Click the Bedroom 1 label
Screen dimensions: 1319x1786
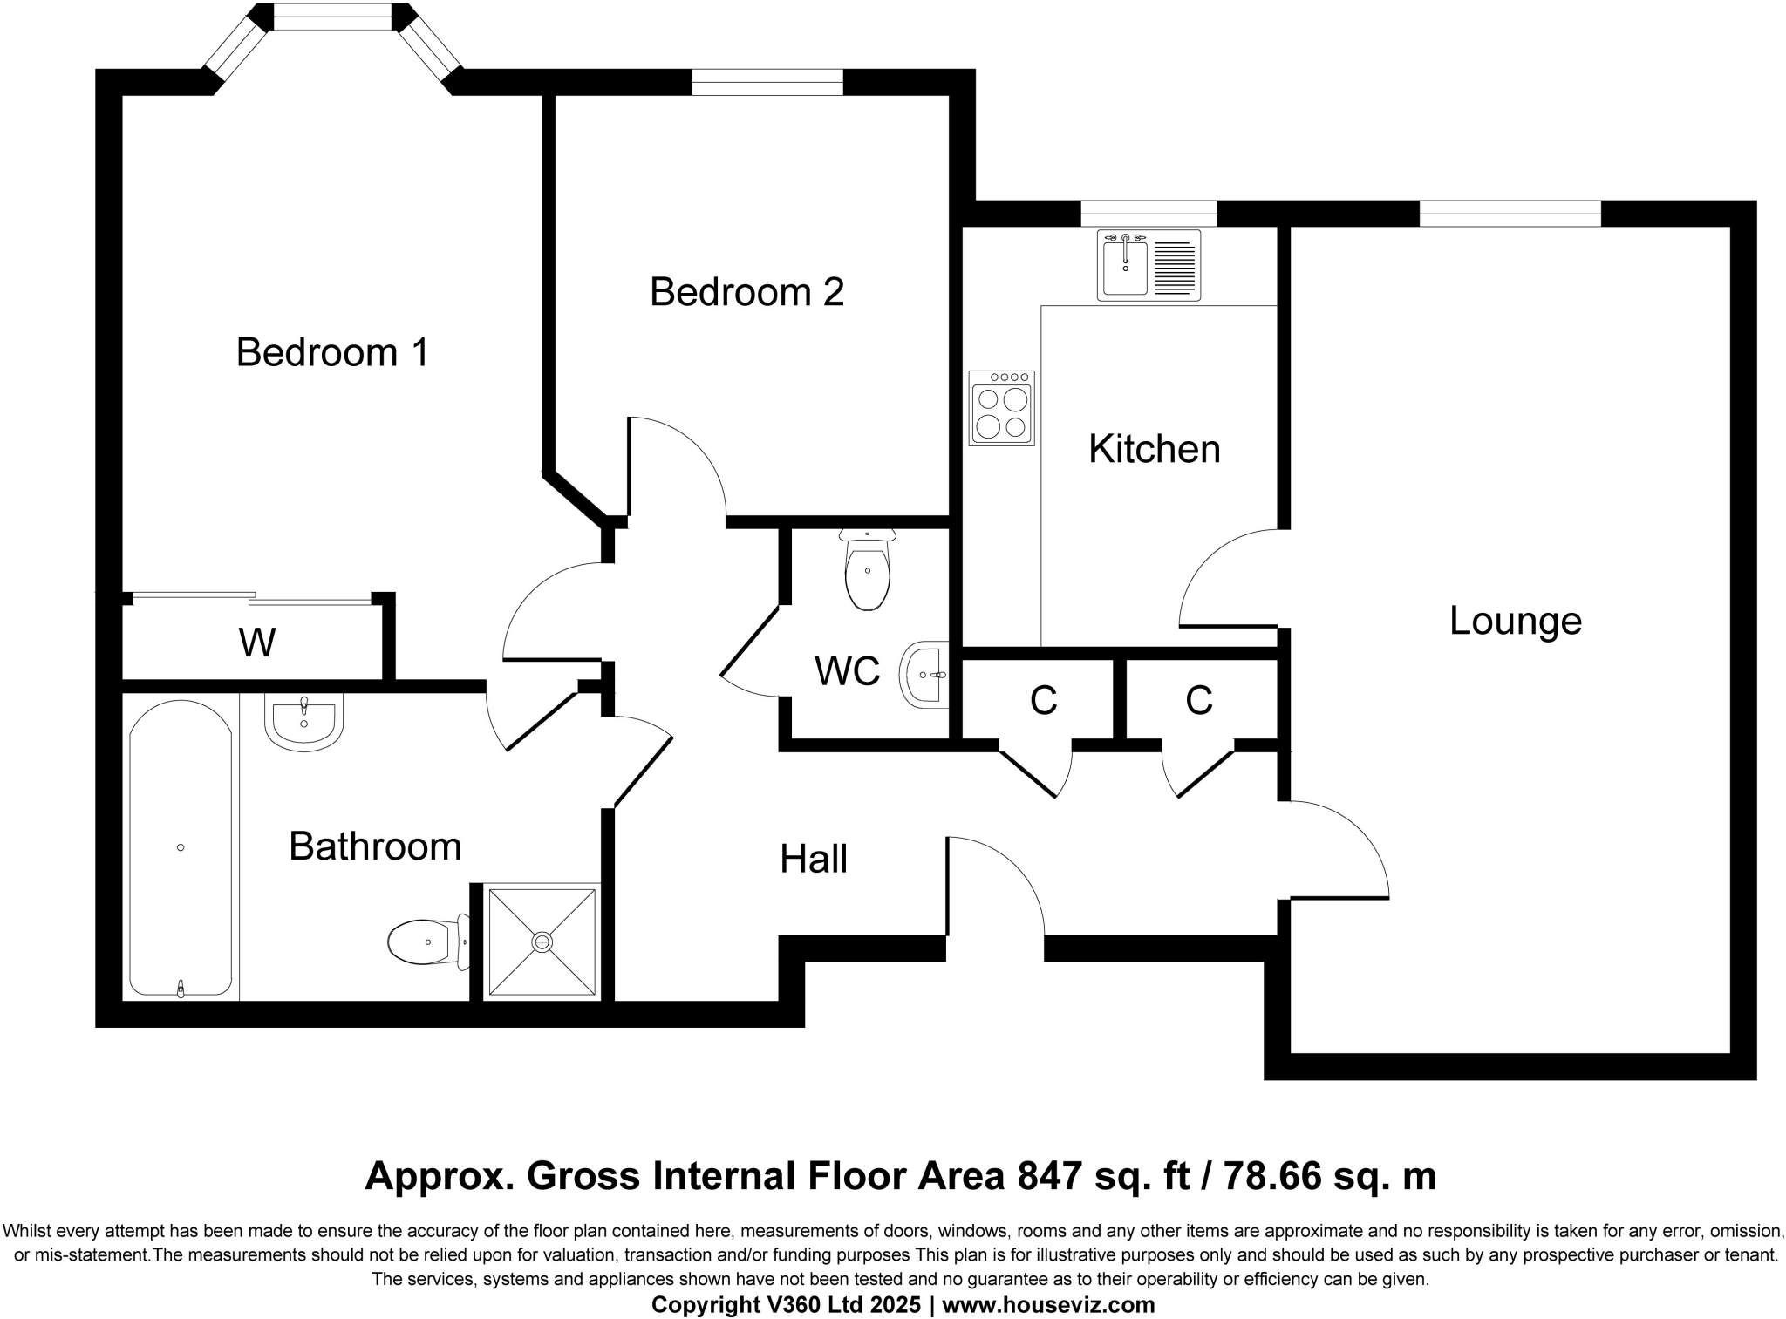coord(332,352)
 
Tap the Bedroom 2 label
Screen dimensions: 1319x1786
coord(746,291)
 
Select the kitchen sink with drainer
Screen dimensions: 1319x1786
coord(1149,265)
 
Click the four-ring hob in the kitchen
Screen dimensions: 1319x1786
coord(1001,409)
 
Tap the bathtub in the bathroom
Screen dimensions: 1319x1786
coord(181,848)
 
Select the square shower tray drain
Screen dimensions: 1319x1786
coord(542,942)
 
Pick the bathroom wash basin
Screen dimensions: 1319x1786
coord(303,723)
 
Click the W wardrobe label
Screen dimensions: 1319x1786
coord(257,643)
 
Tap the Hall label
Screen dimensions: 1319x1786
coord(813,860)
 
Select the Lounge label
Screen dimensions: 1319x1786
coord(1515,621)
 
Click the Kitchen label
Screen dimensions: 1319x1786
coord(1154,449)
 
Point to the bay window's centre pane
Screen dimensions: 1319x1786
coord(332,17)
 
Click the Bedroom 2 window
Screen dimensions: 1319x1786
coord(767,82)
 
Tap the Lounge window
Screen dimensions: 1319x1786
coord(1510,214)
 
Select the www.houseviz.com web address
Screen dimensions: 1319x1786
coord(1048,1305)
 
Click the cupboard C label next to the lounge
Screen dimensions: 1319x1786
coord(1198,700)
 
